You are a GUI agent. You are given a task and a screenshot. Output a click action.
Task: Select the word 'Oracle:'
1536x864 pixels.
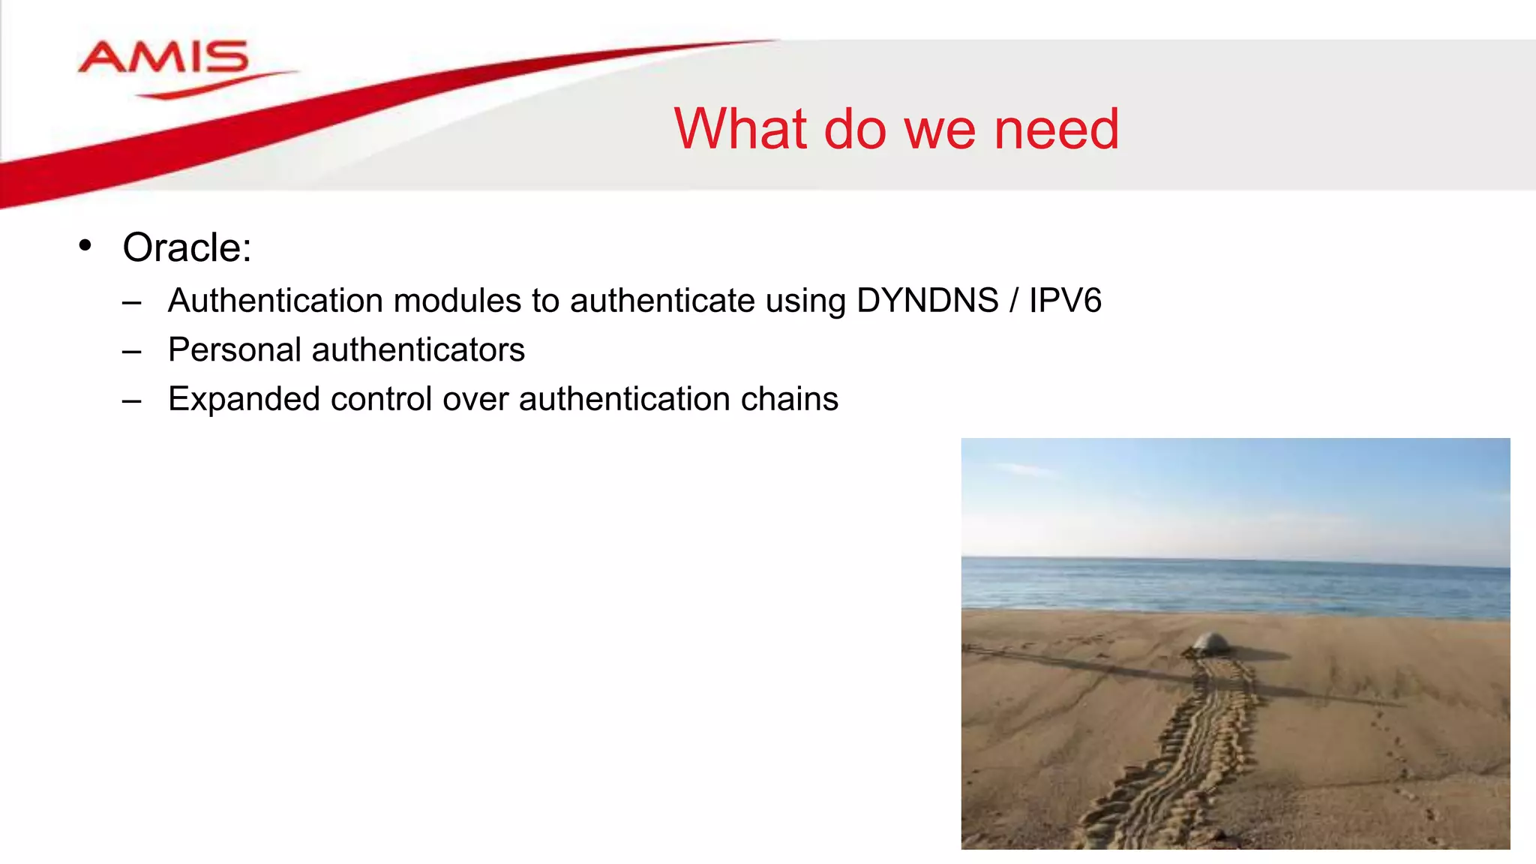[187, 247]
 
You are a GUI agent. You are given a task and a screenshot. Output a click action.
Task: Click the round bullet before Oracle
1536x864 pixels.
[85, 245]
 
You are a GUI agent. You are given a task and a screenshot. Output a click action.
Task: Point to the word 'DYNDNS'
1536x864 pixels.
[927, 301]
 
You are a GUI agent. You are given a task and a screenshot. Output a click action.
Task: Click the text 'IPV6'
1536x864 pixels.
[1065, 301]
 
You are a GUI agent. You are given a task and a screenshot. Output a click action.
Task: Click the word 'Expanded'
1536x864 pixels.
[244, 399]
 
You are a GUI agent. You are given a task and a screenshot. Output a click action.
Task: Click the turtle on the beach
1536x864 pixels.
[1210, 642]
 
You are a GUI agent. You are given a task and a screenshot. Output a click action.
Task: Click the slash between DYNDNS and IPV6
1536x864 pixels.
[1013, 301]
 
